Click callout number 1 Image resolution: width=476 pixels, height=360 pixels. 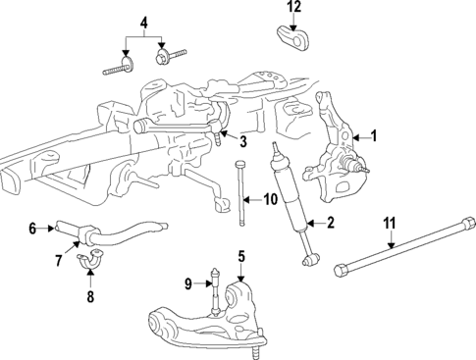(x=372, y=136)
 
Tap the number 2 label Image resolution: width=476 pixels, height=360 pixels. (x=331, y=224)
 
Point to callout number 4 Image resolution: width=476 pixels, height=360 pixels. (x=143, y=22)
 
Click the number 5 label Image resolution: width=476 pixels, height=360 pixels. (x=239, y=258)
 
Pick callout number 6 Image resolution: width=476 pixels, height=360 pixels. (x=32, y=229)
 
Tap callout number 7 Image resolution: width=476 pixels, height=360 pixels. (x=58, y=260)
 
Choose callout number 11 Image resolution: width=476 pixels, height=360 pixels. (x=390, y=224)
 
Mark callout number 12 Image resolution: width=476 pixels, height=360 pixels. (x=293, y=8)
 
